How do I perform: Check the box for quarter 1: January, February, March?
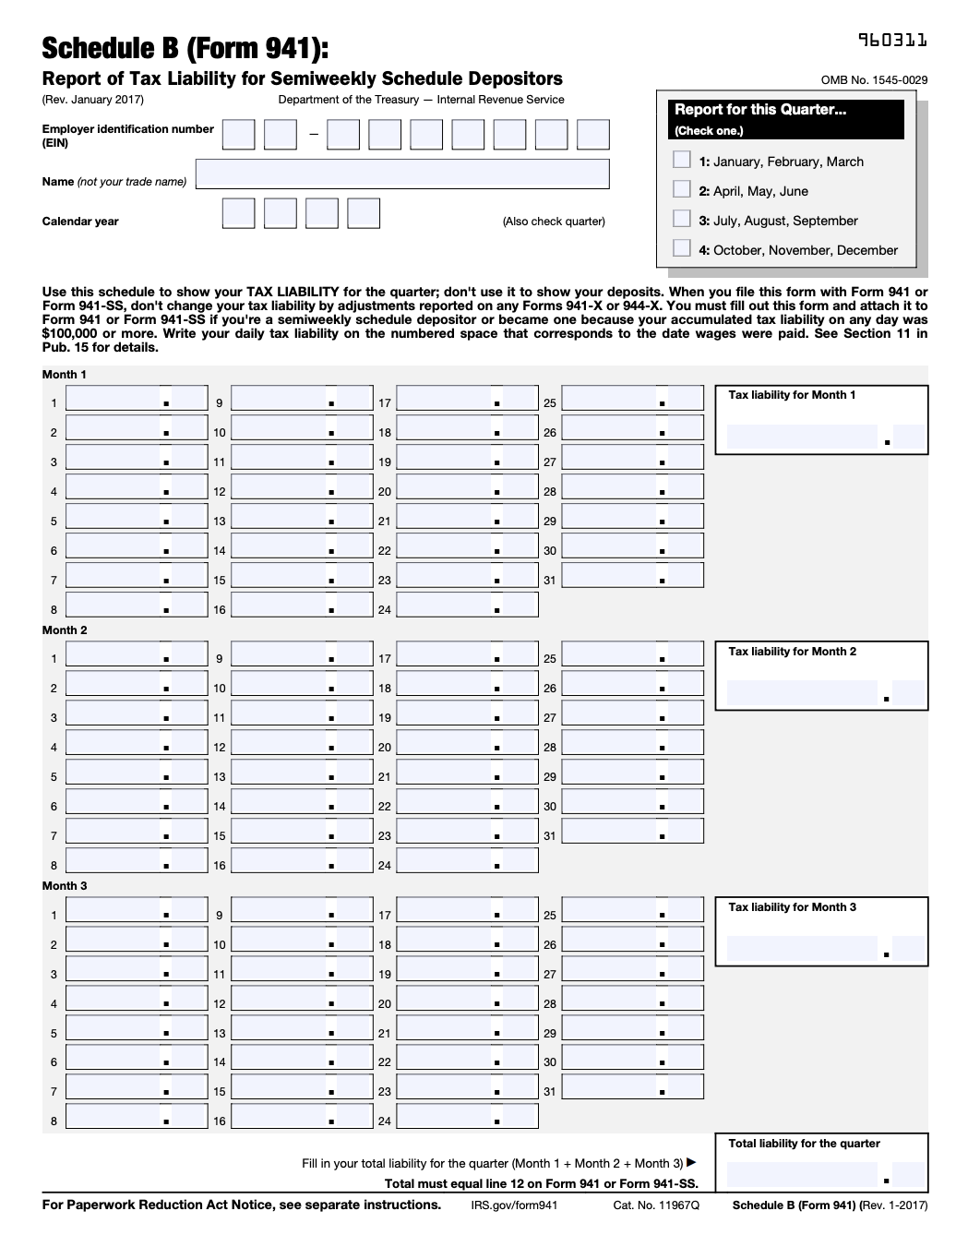tap(682, 160)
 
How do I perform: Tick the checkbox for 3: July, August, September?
tap(682, 219)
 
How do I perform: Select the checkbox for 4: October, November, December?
tap(682, 248)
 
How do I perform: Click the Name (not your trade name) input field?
tap(402, 174)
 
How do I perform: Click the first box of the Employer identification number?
tap(238, 135)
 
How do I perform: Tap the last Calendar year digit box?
tap(364, 213)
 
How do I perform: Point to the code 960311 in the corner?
tap(892, 40)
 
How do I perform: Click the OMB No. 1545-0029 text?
tap(874, 80)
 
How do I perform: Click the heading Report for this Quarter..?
tap(760, 110)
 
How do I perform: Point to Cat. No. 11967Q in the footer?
tap(656, 1205)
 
